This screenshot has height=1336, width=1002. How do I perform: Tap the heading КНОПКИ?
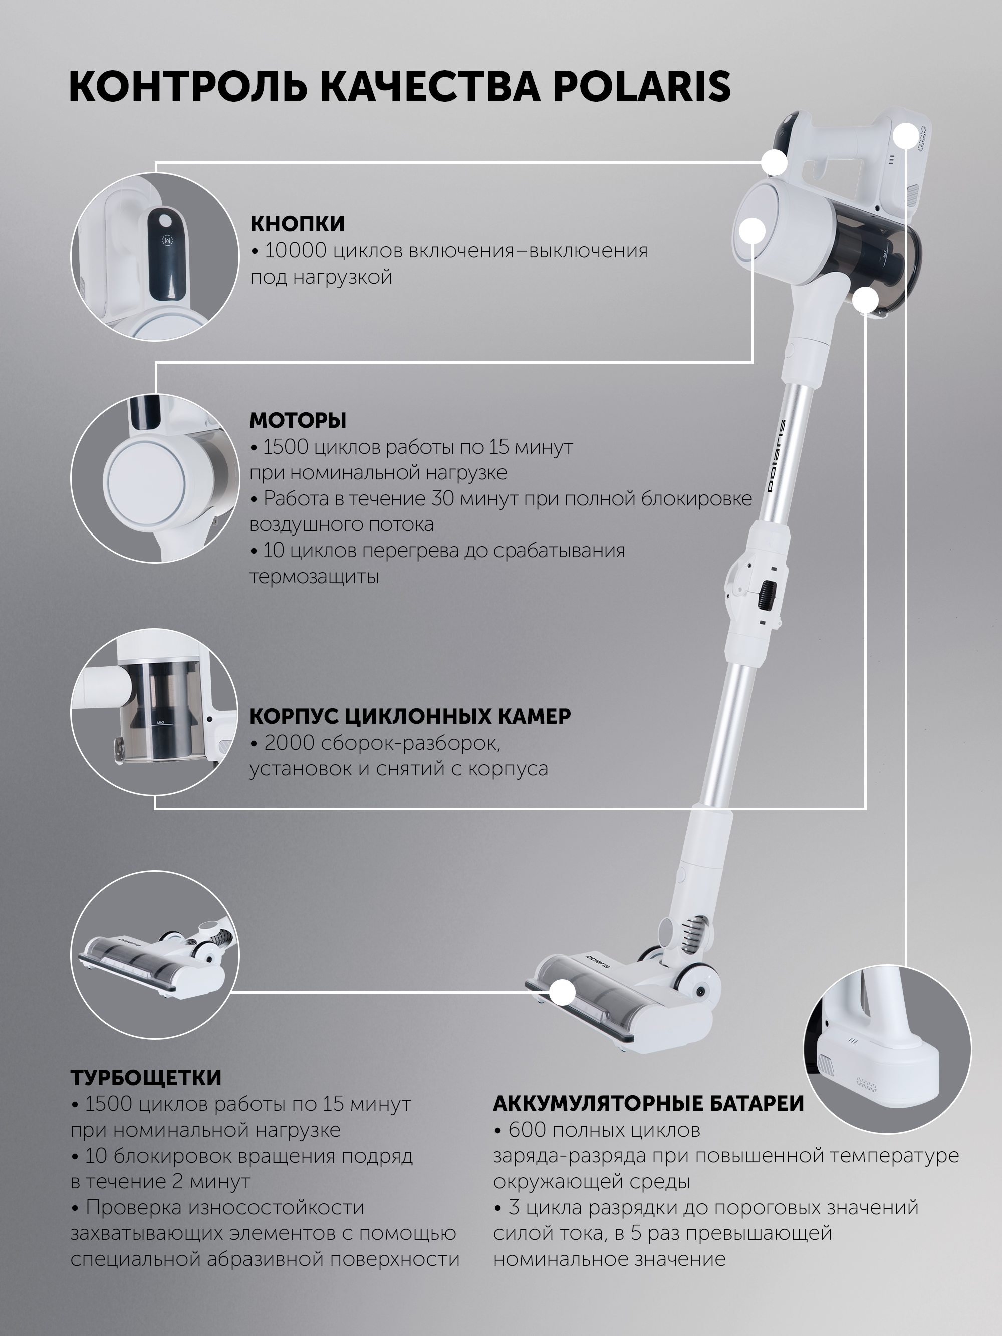point(298,224)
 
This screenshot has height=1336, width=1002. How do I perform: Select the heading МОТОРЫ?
point(298,420)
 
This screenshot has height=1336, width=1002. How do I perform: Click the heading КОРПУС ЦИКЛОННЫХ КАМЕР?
point(410,716)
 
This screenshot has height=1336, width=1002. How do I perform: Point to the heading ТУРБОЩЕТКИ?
point(146,1077)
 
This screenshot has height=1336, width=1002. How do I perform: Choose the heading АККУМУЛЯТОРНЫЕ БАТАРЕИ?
point(649,1103)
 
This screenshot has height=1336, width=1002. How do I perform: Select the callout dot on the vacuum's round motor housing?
point(753,231)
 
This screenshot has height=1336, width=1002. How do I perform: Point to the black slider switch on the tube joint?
point(768,594)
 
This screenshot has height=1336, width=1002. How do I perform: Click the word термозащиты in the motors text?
point(314,577)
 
